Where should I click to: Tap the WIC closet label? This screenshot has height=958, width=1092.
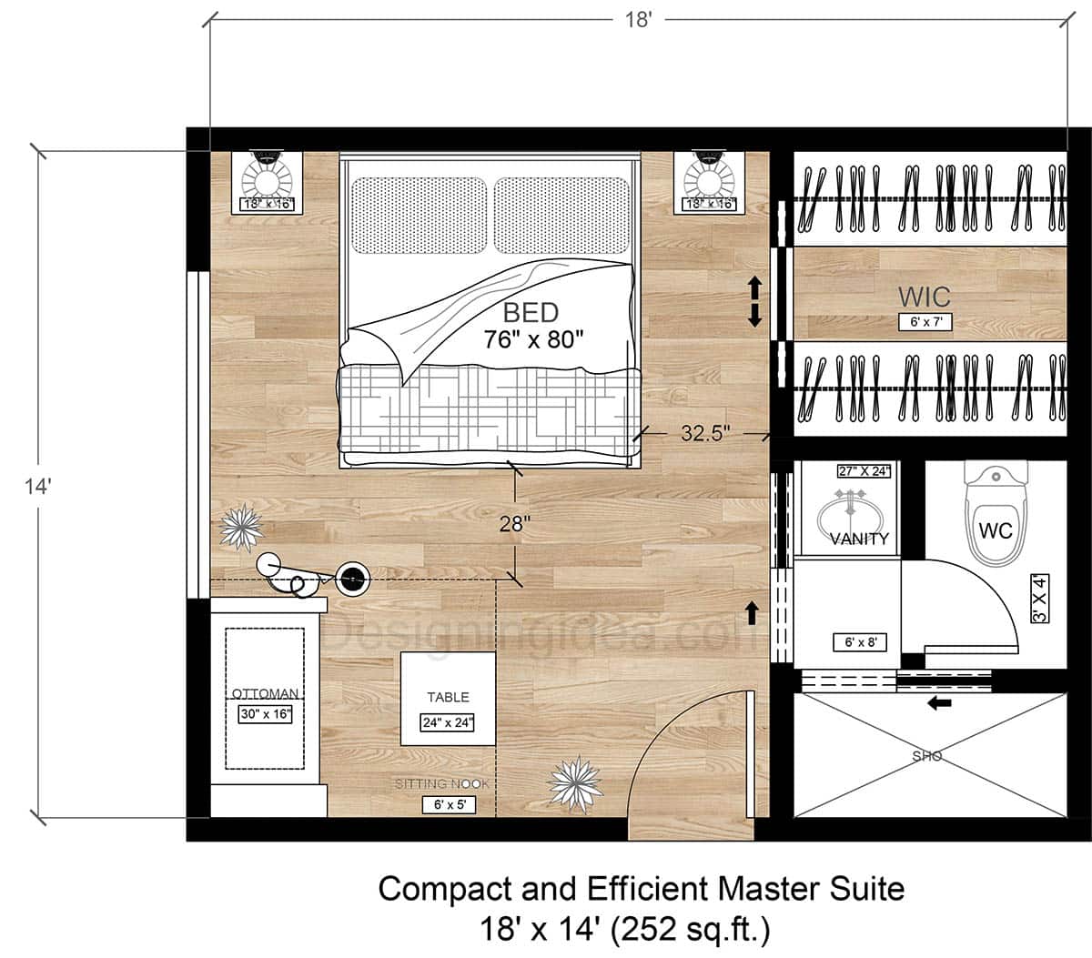click(x=924, y=297)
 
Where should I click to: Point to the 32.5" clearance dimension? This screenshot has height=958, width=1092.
click(x=706, y=434)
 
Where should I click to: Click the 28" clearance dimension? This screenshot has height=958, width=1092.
click(x=515, y=524)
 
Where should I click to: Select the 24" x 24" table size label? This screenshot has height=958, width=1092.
click(x=448, y=723)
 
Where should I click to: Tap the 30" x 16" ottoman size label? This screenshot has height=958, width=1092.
click(x=265, y=714)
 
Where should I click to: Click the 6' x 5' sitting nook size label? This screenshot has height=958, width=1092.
click(x=449, y=804)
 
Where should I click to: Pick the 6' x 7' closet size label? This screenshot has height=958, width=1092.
click(x=925, y=321)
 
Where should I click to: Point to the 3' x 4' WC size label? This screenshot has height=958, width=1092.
click(x=1040, y=598)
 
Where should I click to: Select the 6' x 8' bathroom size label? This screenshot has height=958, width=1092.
click(x=860, y=642)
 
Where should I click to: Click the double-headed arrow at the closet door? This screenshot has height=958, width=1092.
click(x=754, y=303)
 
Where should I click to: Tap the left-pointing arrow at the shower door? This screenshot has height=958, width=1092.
click(x=939, y=702)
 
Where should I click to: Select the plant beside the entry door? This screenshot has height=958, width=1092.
click(x=573, y=783)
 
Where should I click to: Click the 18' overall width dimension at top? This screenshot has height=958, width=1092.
click(x=638, y=20)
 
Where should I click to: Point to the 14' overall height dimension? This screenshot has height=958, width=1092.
click(x=37, y=487)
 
